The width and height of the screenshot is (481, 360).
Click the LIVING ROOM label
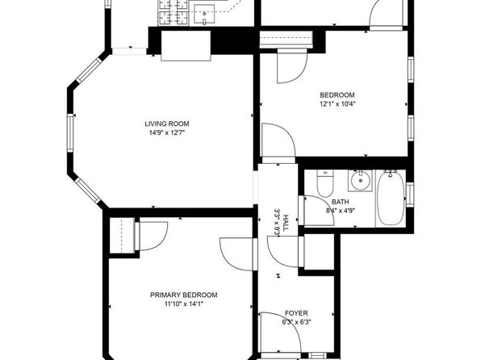(x=167, y=124)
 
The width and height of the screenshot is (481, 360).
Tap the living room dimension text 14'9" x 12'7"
(x=167, y=133)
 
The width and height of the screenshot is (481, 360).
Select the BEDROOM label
(x=337, y=95)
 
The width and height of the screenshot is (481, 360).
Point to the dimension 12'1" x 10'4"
(x=337, y=104)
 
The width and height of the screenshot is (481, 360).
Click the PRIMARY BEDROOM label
(x=184, y=295)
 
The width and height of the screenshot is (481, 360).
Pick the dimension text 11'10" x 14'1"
(x=184, y=304)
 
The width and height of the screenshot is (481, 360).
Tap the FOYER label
(x=296, y=313)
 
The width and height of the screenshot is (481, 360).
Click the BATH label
(x=341, y=202)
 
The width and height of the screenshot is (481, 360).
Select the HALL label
(x=286, y=222)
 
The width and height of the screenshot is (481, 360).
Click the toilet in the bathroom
(x=325, y=183)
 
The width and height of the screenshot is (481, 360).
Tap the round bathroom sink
(x=361, y=181)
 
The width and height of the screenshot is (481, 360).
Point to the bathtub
(x=390, y=199)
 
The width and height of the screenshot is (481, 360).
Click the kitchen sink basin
(x=204, y=15)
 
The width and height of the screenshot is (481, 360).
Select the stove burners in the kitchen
(x=174, y=13)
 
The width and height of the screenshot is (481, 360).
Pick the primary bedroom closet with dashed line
(x=122, y=236)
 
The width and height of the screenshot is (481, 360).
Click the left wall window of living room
(x=70, y=132)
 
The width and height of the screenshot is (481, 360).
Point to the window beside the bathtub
(x=410, y=194)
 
